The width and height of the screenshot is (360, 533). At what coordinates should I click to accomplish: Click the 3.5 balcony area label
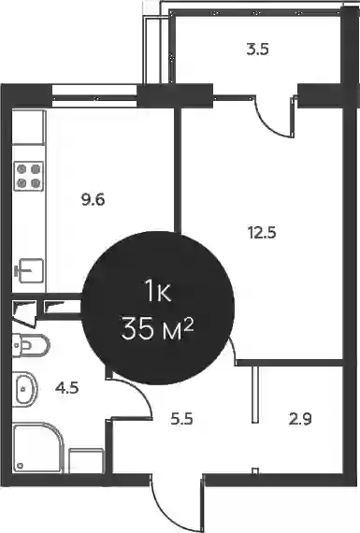pos(258,50)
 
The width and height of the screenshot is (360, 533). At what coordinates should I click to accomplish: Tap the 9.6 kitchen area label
pos(93,199)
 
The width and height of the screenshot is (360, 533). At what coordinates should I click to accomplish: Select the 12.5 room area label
pos(262,233)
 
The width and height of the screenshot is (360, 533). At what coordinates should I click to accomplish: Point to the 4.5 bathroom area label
pos(67,387)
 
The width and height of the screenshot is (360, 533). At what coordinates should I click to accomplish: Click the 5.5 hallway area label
pos(181,419)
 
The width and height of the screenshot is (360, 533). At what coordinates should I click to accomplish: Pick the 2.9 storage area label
pos(300,419)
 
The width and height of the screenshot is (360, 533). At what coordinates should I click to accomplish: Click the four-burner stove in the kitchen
pos(29,176)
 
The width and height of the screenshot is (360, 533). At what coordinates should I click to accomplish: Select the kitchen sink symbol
pos(29,270)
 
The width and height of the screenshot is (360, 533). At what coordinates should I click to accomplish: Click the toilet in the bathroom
pos(31,346)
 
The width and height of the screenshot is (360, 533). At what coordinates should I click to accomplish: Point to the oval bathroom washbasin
pos(25,389)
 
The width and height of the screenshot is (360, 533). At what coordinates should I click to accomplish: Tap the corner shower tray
pos(38,447)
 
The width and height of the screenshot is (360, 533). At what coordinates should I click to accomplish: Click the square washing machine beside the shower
pos(86,461)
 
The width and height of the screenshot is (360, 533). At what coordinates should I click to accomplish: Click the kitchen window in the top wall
pos(94,98)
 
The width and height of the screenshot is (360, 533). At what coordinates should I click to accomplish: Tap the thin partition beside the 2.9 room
pos(255,395)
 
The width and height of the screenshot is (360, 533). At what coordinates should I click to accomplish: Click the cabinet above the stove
pos(29,127)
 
